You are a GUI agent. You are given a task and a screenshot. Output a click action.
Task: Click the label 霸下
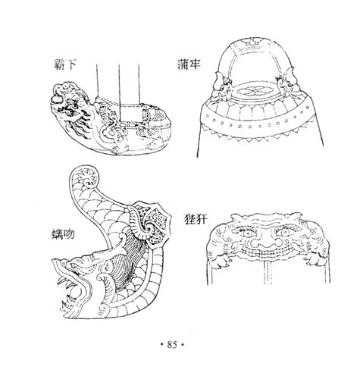pyautogui.click(x=65, y=64)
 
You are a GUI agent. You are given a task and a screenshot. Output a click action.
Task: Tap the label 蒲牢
pyautogui.click(x=189, y=64)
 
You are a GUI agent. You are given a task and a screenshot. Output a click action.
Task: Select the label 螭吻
pyautogui.click(x=63, y=234)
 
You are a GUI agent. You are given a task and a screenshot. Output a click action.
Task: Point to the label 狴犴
pyautogui.click(x=196, y=219)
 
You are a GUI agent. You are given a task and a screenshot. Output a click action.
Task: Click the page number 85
pyautogui.click(x=172, y=344)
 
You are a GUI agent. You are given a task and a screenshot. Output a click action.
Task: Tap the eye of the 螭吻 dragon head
pyautogui.click(x=65, y=263)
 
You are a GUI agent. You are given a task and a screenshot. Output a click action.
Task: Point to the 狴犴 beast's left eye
pyautogui.click(x=247, y=233)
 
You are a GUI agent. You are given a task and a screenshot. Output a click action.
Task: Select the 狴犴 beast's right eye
pyautogui.click(x=284, y=232)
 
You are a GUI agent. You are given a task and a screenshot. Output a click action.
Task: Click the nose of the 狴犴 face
pyautogui.click(x=266, y=242)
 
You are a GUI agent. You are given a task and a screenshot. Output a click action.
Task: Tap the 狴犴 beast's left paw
pyautogui.click(x=221, y=262)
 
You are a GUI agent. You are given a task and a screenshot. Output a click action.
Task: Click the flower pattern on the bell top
pyautogui.click(x=254, y=92)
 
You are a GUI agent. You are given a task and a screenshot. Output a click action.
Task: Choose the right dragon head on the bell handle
pyautogui.click(x=289, y=86)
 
